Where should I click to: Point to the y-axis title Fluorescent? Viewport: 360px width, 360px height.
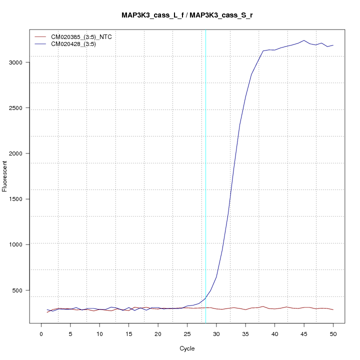pyautogui.click(x=5, y=175)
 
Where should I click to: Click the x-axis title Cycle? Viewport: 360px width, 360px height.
pyautogui.click(x=186, y=348)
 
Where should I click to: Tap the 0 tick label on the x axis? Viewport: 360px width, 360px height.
pyautogui.click(x=41, y=334)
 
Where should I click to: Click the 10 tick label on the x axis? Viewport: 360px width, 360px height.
pyautogui.click(x=99, y=334)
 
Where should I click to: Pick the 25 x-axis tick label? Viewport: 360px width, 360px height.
pyautogui.click(x=187, y=334)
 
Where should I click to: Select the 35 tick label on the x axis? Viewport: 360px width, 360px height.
pyautogui.click(x=245, y=334)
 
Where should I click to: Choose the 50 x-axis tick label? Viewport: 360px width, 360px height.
pyautogui.click(x=333, y=334)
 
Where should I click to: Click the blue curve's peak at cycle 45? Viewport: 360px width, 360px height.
pyautogui.click(x=304, y=40)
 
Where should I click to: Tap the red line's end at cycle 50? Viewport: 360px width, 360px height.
pyautogui.click(x=333, y=310)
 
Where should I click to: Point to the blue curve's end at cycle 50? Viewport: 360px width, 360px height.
pyautogui.click(x=333, y=45)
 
